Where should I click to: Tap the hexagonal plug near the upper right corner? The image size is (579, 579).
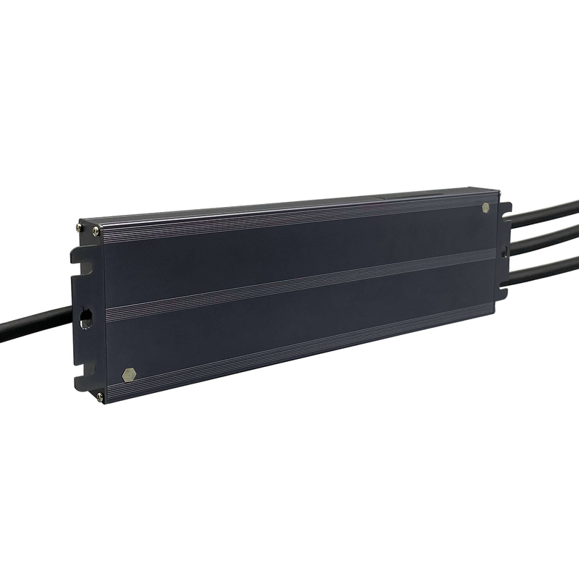[x=486, y=208]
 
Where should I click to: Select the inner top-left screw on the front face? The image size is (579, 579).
[x=96, y=231]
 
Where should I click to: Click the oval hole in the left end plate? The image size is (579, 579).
[x=85, y=316]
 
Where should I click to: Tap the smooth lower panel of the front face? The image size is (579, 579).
[x=289, y=322]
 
